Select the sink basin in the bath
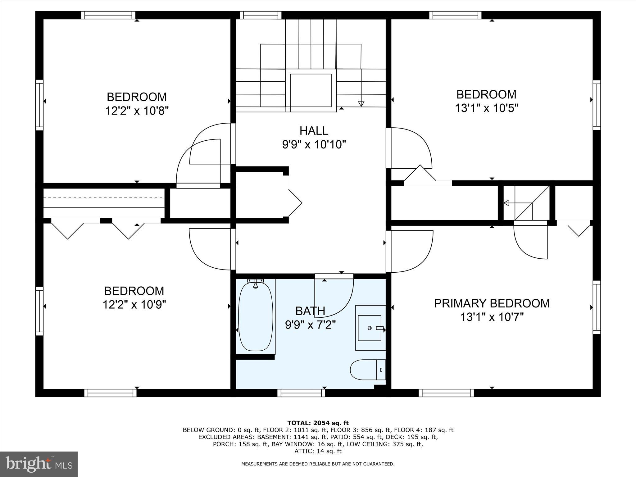(x=370, y=328)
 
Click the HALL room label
(x=314, y=131)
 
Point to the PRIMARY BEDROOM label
(x=492, y=303)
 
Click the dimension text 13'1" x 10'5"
(x=486, y=108)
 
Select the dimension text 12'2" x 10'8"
(x=137, y=111)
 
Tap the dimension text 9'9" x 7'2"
(x=310, y=325)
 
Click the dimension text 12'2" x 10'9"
(x=134, y=305)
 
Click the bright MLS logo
(x=39, y=464)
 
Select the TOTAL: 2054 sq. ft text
(x=318, y=423)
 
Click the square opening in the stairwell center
(x=311, y=90)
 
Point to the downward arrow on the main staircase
(x=361, y=103)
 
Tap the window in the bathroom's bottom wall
(x=301, y=393)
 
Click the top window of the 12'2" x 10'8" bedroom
(x=108, y=15)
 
